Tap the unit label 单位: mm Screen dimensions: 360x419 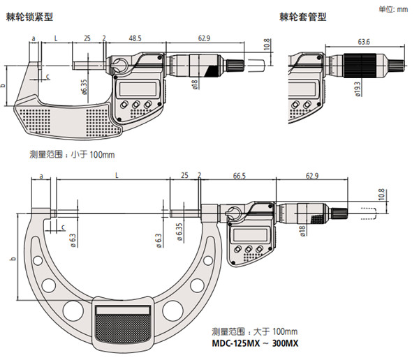396,9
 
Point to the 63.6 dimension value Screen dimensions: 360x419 363,43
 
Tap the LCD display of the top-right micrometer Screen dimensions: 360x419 311,89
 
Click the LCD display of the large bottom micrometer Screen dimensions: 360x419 248,235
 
